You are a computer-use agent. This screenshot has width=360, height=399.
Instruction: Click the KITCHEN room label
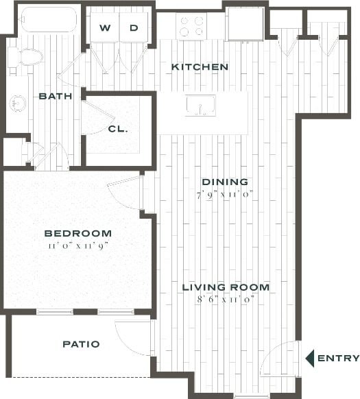tap(200, 67)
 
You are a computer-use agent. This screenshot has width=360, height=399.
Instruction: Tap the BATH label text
tap(56, 96)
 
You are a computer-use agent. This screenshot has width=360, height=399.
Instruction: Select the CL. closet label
tap(117, 128)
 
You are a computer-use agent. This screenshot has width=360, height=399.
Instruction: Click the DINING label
tap(224, 182)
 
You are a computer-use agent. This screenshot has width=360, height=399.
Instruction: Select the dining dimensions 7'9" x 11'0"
tap(224, 193)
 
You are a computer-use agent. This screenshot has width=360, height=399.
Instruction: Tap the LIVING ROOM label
tap(226, 287)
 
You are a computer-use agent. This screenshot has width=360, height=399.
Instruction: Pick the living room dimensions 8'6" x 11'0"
tap(226, 299)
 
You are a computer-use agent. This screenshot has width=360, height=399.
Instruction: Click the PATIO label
tap(81, 344)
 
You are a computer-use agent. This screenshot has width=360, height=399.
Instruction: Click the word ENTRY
tap(338, 358)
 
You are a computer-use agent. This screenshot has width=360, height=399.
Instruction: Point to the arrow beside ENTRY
tap(309, 358)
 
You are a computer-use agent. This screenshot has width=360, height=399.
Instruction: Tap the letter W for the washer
tap(105, 28)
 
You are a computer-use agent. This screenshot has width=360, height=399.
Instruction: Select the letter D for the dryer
tap(134, 28)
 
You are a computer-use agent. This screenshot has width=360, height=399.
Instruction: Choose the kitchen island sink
tap(200, 106)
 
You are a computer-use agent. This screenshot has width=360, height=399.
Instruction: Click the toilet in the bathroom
tap(26, 57)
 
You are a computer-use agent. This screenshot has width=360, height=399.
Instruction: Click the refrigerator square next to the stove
tap(244, 25)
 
